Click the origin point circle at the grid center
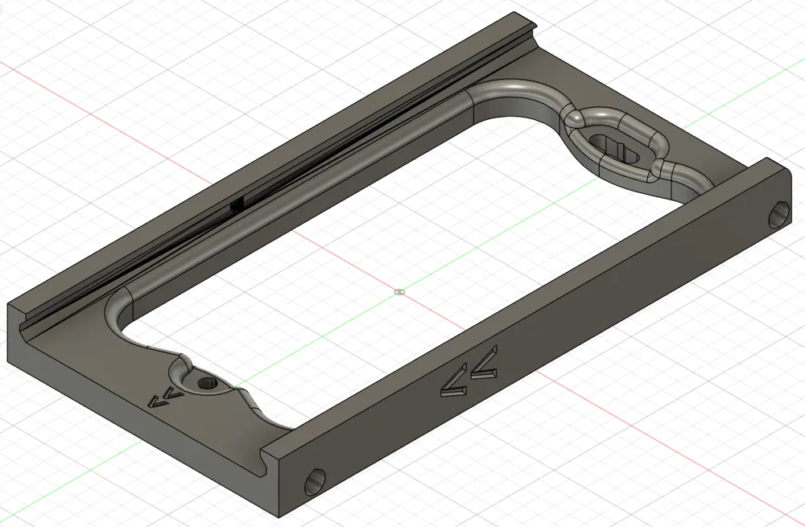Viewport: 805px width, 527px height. point(400,292)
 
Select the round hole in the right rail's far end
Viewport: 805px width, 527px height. point(779,215)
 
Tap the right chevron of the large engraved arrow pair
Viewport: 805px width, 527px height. point(485,364)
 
